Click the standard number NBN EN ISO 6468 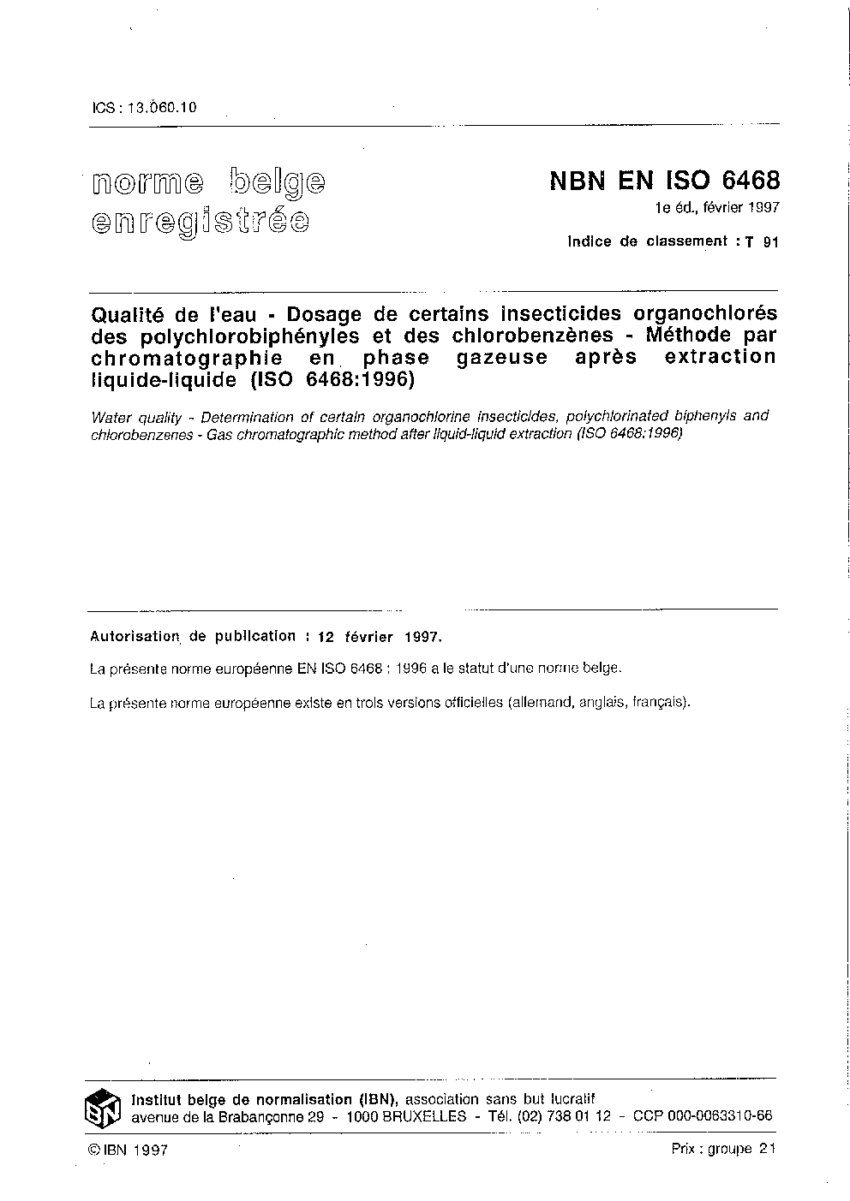pyautogui.click(x=664, y=181)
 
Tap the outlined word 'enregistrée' pyautogui.click(x=200, y=222)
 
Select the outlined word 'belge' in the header pyautogui.click(x=278, y=181)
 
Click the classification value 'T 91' pyautogui.click(x=762, y=242)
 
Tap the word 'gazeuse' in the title pyautogui.click(x=501, y=357)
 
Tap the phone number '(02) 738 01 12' pyautogui.click(x=564, y=1116)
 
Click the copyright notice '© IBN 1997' pyautogui.click(x=128, y=1150)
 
